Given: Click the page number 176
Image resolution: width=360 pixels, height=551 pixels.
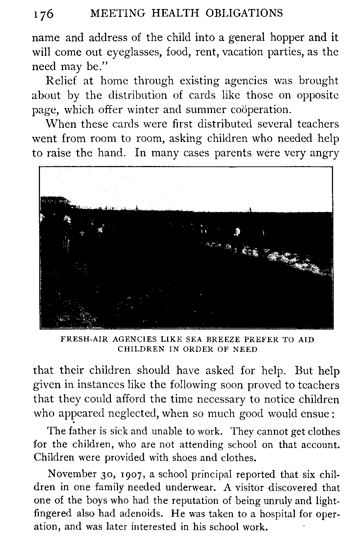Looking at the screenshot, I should (x=43, y=14).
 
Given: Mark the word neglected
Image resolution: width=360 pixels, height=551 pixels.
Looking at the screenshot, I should (x=129, y=414).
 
